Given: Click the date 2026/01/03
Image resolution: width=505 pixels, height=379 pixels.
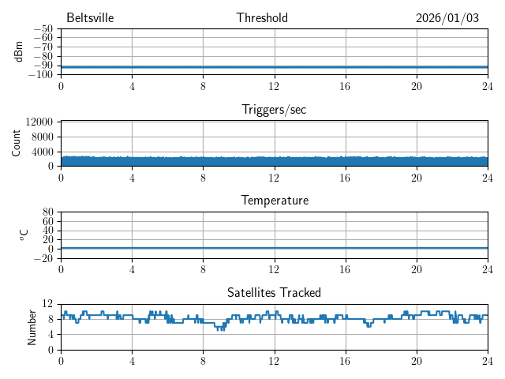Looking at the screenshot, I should click(x=447, y=18).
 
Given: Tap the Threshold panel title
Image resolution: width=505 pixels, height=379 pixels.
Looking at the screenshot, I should click(x=262, y=18).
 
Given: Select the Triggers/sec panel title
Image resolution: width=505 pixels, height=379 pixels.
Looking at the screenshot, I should click(x=274, y=110).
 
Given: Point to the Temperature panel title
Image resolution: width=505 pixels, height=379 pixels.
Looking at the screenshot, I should click(x=274, y=201).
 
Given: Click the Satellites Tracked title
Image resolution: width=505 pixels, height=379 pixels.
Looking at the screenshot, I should click(x=274, y=292).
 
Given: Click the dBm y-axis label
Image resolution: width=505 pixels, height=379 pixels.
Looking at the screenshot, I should click(x=19, y=51).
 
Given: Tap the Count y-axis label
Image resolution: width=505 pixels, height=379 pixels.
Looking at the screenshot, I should click(x=16, y=143).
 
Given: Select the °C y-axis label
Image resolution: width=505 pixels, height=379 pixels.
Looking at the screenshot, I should click(x=24, y=235).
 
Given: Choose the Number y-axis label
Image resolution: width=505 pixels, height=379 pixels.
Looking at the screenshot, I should click(x=32, y=326).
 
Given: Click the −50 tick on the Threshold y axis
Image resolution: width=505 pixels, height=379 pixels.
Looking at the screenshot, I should click(x=42, y=28).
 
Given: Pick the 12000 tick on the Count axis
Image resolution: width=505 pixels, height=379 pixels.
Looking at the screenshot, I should click(x=39, y=122).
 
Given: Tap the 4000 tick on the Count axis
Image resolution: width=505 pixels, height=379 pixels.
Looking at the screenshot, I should click(x=42, y=152).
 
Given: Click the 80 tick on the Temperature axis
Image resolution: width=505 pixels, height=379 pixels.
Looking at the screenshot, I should click(x=47, y=212).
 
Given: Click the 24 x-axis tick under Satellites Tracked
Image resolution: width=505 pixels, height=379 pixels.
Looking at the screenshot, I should click(x=488, y=360).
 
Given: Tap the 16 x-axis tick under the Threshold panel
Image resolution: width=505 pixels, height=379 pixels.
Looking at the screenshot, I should click(x=346, y=85).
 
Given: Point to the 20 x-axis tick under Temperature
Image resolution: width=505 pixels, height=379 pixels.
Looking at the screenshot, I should click(x=417, y=268).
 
